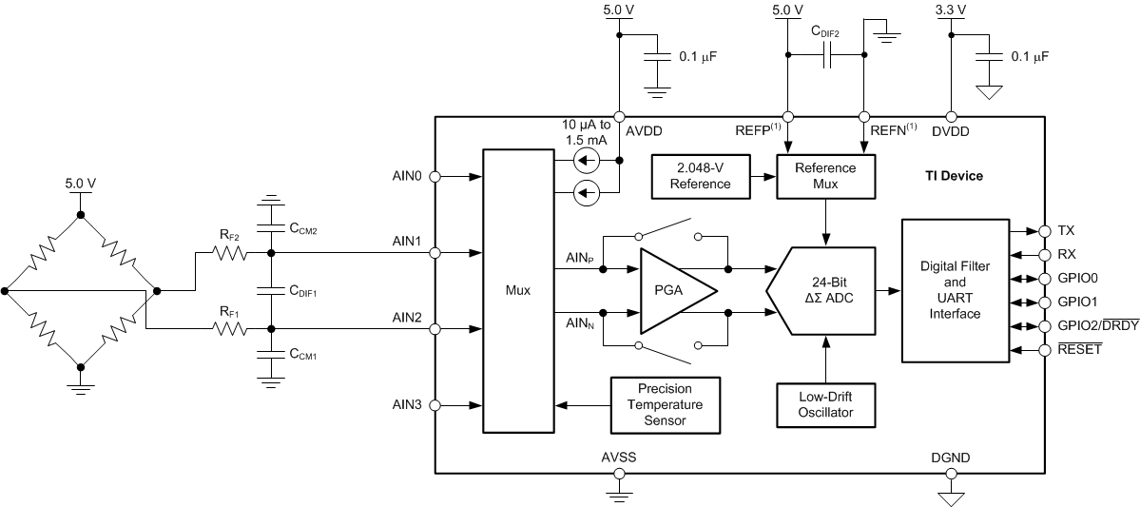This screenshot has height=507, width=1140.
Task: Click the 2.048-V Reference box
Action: tap(701, 176)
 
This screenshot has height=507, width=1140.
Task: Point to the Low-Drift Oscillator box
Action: tap(824, 403)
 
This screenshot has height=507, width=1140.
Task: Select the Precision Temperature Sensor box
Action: tap(664, 403)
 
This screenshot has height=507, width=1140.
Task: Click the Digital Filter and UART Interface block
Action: tap(954, 290)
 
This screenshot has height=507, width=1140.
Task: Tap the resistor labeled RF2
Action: tap(230, 254)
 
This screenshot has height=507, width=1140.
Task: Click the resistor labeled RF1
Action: tap(230, 329)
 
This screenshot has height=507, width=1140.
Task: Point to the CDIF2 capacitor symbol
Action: tap(825, 59)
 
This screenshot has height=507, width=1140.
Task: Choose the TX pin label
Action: tap(1067, 231)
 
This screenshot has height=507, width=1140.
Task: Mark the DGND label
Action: tap(950, 458)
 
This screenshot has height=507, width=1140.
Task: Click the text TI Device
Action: tap(954, 176)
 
